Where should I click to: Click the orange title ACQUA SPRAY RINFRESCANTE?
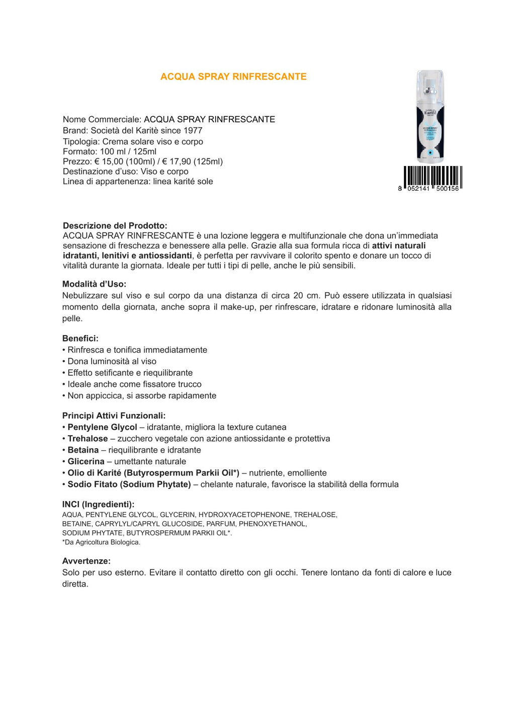point(233,76)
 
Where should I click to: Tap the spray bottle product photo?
point(430,117)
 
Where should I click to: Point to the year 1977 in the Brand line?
point(193,130)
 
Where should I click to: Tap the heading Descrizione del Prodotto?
point(115,225)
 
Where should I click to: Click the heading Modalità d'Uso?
point(94,284)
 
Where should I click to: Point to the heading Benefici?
point(80,338)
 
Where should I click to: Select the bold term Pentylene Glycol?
point(102,427)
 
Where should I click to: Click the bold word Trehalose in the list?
point(88,439)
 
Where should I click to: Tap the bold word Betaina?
point(83,450)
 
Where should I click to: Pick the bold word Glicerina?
point(86,461)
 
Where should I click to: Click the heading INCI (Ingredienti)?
point(98,504)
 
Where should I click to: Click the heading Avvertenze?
point(86,561)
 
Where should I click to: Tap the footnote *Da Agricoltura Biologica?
point(101,542)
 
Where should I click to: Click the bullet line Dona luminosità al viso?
point(112,361)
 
